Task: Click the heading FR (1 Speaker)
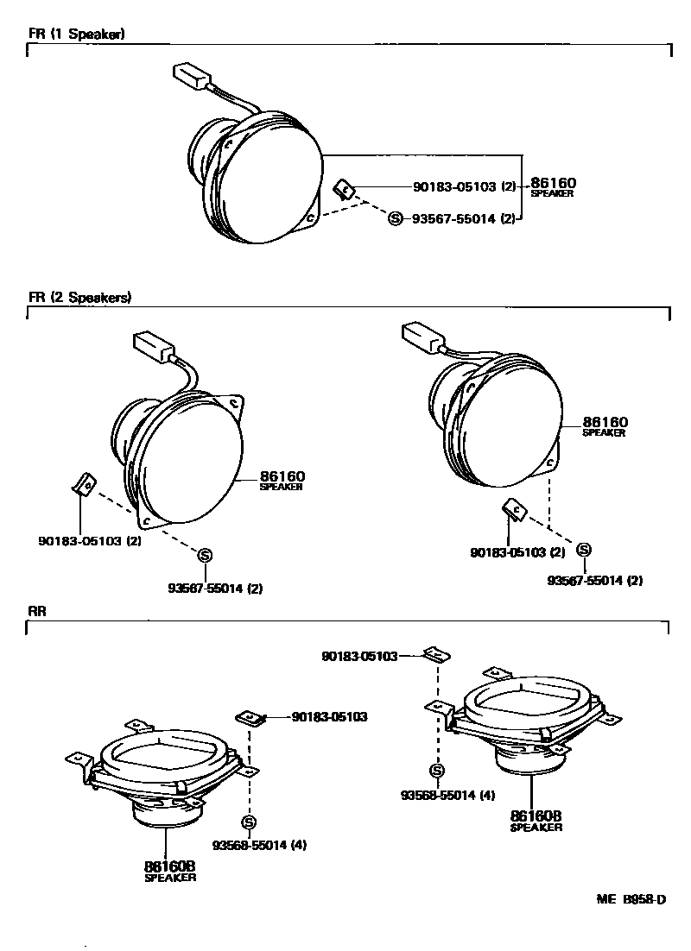pos(76,35)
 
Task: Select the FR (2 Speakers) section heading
pos(79,297)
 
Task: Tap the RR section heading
pos(36,610)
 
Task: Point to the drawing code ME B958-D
pos(631,900)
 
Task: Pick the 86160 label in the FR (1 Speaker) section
pos(553,183)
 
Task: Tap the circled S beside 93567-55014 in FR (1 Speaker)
pos(396,219)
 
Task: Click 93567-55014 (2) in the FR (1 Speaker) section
pos(464,219)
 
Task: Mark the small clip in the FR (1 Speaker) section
pos(344,189)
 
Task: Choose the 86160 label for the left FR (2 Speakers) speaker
pos(282,475)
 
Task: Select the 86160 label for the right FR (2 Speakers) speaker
pos(605,422)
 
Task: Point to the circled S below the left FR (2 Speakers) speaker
pos(206,555)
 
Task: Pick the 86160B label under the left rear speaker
pos(169,866)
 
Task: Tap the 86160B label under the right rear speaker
pos(536,816)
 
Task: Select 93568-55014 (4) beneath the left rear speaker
pos(260,845)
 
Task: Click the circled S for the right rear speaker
pos(437,770)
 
